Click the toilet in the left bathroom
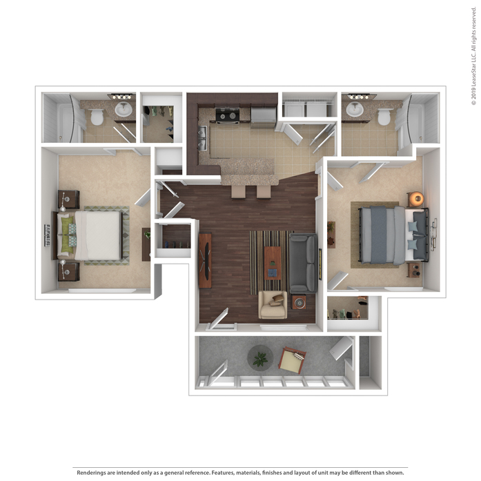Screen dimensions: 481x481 [97, 117]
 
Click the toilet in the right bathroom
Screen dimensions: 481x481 [384, 116]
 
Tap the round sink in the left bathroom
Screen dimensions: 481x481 [124, 110]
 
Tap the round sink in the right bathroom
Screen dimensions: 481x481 [355, 109]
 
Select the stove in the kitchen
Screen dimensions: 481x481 [227, 116]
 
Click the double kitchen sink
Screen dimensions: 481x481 [202, 138]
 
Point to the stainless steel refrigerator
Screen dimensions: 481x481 [264, 117]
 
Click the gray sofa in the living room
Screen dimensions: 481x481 [303, 263]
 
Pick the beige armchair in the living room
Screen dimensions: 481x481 [273, 304]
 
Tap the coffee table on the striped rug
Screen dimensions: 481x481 [273, 263]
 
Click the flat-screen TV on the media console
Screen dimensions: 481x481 [206, 261]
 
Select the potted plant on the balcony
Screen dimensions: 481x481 [260, 358]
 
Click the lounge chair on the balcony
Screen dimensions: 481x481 [292, 360]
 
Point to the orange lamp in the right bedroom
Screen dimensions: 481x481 [417, 199]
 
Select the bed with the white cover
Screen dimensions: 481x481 [89, 235]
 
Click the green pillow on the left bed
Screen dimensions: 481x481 [66, 235]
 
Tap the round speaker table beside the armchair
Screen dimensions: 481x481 [299, 302]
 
